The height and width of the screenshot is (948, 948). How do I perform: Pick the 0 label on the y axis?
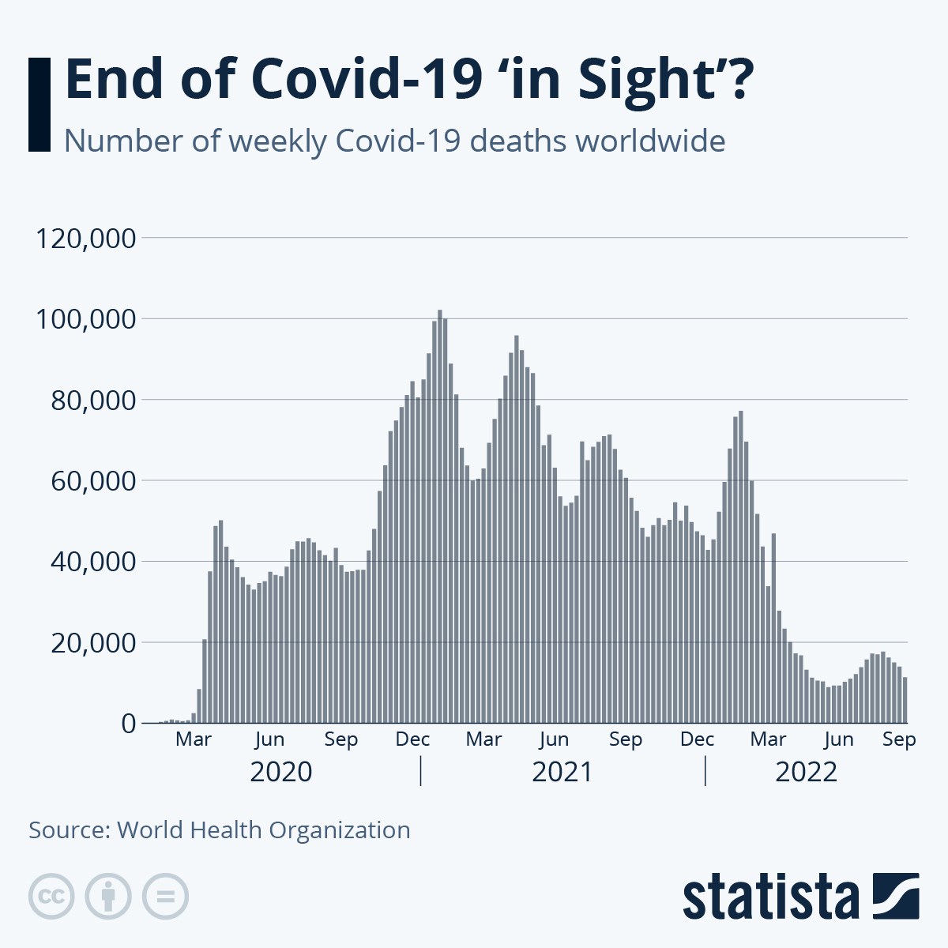128,724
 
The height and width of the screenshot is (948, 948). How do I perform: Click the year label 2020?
280,771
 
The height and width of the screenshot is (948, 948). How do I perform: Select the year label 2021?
562,771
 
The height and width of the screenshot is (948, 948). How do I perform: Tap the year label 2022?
806,771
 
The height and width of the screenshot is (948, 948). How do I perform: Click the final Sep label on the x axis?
899,739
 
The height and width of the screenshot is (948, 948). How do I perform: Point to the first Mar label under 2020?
194,739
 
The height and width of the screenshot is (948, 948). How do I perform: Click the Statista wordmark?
770,897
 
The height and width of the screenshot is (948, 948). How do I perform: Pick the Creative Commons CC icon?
51,897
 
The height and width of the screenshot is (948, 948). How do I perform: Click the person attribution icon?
108,897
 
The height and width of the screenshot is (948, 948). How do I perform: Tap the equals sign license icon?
165,897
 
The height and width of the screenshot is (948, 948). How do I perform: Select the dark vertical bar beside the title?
39,103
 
